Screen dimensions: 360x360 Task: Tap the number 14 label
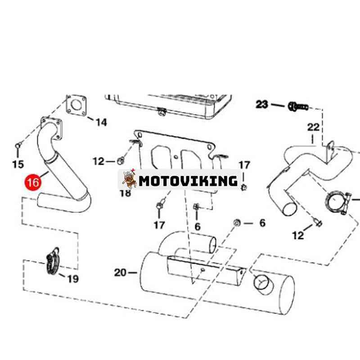[102, 122]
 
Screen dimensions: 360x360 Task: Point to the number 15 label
[18, 164]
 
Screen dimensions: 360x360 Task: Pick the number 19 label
[72, 279]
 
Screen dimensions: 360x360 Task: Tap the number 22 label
[313, 127]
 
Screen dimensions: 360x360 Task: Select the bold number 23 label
[262, 105]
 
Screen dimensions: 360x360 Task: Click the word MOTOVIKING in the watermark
[188, 181]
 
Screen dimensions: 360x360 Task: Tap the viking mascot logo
[130, 180]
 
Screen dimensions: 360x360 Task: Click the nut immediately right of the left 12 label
[121, 160]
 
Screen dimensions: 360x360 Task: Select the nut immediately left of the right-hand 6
[237, 223]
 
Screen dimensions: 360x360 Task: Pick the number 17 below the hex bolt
[159, 225]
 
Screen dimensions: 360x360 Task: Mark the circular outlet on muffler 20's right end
[262, 283]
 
